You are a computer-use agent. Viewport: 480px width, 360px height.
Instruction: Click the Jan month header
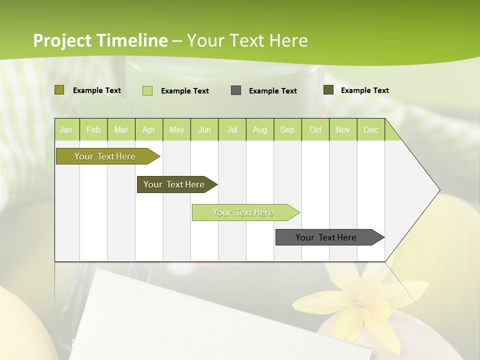[66, 129]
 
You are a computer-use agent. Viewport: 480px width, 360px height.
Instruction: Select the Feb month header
[93, 129]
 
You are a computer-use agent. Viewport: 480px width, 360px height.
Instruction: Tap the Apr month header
[148, 129]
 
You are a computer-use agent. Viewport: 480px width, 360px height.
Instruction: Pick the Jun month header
[204, 129]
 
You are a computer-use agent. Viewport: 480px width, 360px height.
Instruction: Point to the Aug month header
[259, 129]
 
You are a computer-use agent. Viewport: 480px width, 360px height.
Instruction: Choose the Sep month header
[287, 129]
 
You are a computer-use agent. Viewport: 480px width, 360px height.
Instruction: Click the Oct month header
[315, 129]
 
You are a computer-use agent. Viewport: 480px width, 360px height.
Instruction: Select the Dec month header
[370, 129]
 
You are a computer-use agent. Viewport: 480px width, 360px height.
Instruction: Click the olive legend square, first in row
[59, 90]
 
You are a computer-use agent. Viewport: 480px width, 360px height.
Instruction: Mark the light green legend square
[147, 90]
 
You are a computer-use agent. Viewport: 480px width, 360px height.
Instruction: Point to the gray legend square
[236, 90]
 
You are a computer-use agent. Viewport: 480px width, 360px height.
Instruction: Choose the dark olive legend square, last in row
[328, 90]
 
